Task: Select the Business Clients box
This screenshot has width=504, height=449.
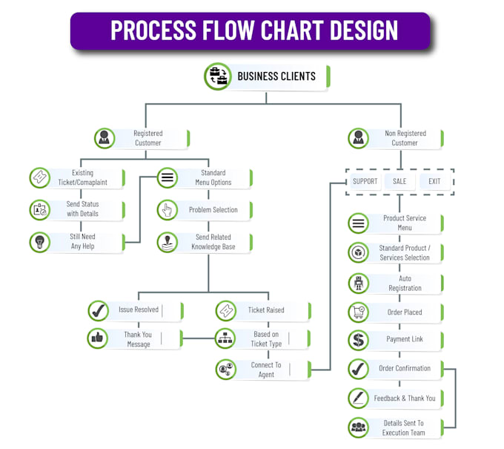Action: point(276,76)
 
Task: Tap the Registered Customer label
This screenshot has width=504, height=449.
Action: point(147,138)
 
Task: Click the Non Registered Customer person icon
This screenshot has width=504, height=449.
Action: point(359,138)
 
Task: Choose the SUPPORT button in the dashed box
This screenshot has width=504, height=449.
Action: point(365,181)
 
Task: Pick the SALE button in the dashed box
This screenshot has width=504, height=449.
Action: point(399,181)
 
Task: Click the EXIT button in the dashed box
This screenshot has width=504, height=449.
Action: point(434,181)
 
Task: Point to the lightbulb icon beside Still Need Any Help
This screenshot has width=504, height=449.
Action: point(39,242)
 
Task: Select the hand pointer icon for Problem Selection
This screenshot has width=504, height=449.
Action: point(168,210)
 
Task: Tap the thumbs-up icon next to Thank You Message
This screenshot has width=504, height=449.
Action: point(98,339)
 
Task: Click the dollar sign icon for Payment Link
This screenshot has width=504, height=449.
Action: point(359,339)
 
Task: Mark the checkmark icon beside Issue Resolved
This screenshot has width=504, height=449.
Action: point(98,310)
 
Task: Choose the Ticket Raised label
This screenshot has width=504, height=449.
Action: point(265,310)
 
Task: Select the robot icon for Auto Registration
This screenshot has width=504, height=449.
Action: point(359,284)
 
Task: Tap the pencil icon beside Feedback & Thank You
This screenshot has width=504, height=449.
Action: point(359,399)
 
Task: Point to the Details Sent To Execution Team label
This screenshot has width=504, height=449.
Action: point(403,427)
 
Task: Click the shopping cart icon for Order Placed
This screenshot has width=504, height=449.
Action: point(359,312)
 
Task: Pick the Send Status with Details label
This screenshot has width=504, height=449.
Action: point(82,209)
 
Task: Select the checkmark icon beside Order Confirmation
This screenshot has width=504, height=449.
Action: point(359,368)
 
